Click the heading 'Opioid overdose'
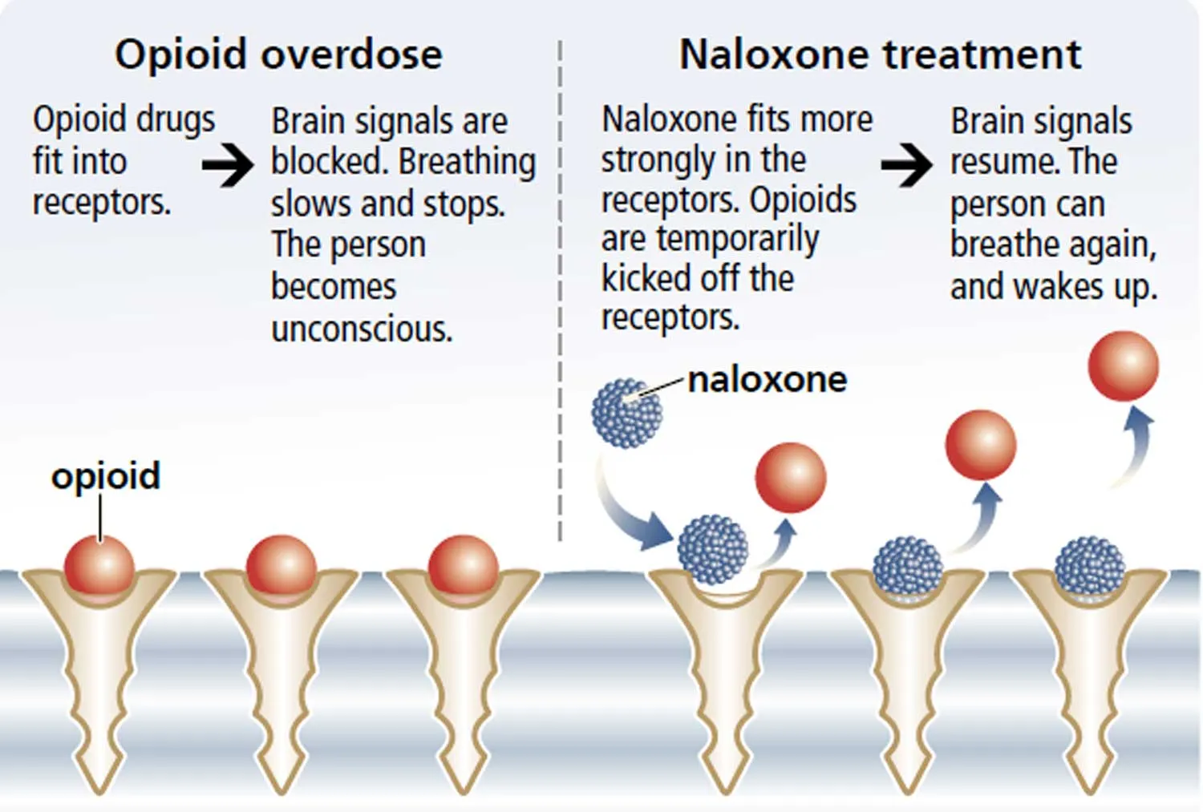pos(279,55)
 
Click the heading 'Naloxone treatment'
pos(881,55)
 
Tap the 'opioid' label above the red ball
pos(106,476)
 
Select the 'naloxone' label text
pos(768,380)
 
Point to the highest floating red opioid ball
pos(1124,366)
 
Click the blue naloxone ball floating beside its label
pos(626,414)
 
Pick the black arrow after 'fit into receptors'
pos(228,165)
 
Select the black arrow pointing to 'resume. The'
pos(907,165)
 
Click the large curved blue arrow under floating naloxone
pos(623,515)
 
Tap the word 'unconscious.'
pos(362,329)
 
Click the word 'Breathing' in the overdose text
pos(468,162)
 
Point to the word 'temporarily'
pos(737,240)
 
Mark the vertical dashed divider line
pos(560,290)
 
